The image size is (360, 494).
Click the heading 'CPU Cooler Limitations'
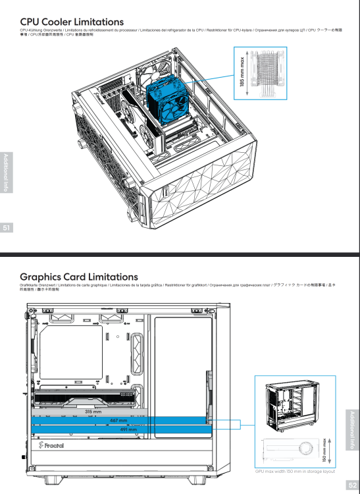pos(72,22)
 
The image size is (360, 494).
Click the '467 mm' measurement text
pos(118,420)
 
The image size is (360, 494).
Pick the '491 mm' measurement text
pos(128,429)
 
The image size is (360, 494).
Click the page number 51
pos(7,228)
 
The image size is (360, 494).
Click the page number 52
pos(352,485)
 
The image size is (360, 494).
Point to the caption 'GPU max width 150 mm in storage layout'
pos(295,472)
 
